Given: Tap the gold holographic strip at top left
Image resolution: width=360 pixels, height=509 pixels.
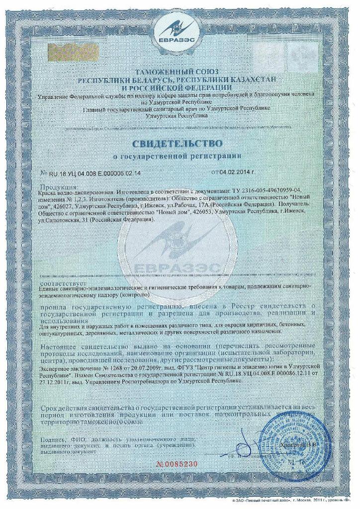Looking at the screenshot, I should click(x=65, y=50).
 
